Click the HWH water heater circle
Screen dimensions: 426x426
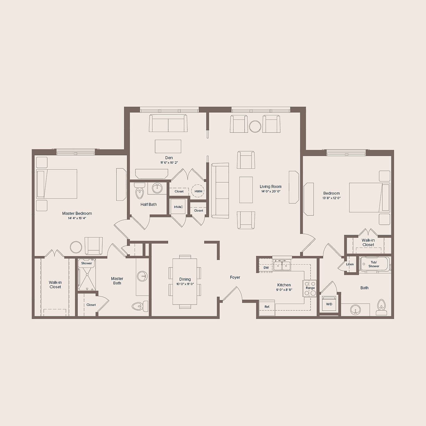tap(198, 191)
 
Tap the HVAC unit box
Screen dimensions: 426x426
tap(178, 206)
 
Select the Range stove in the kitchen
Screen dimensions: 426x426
tap(310, 288)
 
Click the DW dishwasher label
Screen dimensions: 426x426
tap(266, 268)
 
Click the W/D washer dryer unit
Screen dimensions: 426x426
tap(329, 304)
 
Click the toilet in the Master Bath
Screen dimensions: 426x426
tap(140, 306)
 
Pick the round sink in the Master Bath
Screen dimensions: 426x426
tap(142, 276)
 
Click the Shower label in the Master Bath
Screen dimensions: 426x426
tap(86, 263)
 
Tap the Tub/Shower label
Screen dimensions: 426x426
tap(374, 264)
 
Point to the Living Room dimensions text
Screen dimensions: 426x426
tap(271, 191)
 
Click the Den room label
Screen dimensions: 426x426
tap(169, 157)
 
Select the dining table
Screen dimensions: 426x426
tap(185, 281)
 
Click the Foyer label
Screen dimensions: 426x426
tap(235, 277)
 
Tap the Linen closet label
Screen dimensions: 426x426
tap(350, 264)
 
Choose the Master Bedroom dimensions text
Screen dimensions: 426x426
tap(77, 218)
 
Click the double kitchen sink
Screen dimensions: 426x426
tap(282, 265)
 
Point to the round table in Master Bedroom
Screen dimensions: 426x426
tap(76, 247)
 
